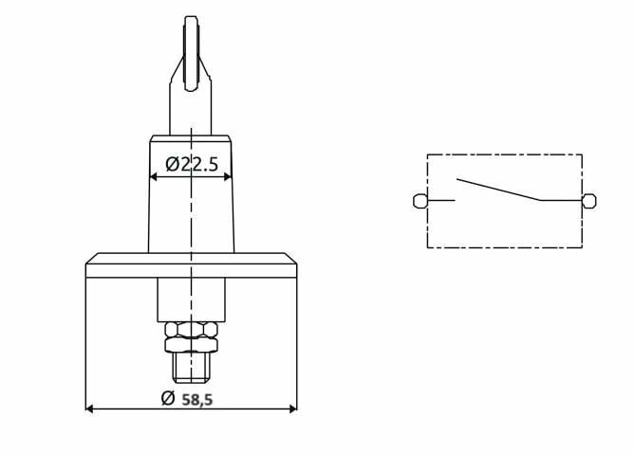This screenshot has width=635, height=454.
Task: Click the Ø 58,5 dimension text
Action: click(187, 399)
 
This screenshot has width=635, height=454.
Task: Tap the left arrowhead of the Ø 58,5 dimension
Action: click(90, 409)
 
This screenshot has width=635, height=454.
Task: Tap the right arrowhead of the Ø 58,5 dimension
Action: click(292, 409)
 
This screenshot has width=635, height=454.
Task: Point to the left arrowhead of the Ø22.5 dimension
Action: click(155, 176)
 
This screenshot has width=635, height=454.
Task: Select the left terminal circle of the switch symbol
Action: click(420, 200)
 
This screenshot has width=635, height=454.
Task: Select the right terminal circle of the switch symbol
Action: click(589, 200)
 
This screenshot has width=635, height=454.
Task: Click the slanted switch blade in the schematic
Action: click(497, 189)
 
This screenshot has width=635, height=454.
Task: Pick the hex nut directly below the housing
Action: click(192, 330)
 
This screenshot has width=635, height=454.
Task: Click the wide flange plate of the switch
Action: click(192, 265)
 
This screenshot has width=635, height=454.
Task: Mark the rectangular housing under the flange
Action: click(192, 299)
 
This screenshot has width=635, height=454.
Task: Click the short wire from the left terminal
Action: click(441, 200)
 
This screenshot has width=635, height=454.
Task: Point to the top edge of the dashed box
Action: click(504, 154)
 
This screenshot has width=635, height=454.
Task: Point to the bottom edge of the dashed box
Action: click(504, 247)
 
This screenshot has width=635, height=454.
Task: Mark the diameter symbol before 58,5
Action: click(168, 399)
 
